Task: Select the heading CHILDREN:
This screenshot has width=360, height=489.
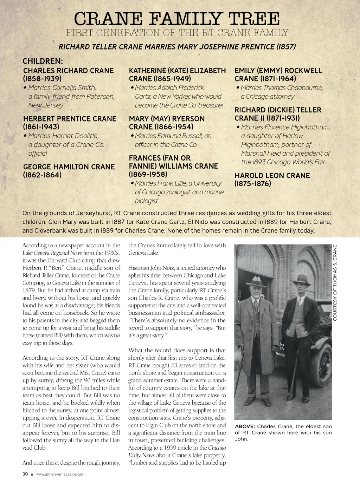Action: click(x=43, y=61)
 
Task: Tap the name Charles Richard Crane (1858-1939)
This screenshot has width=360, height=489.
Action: click(x=68, y=74)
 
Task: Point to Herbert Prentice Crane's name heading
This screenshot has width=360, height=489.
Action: click(x=70, y=123)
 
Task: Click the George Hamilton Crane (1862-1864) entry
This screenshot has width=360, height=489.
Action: click(x=69, y=171)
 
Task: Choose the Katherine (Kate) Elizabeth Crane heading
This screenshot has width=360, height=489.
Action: click(x=177, y=74)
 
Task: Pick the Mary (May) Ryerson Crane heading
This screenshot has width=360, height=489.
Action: click(x=167, y=123)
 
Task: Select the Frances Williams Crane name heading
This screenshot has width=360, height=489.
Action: click(x=173, y=166)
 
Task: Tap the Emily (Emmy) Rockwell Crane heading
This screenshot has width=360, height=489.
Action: click(x=278, y=74)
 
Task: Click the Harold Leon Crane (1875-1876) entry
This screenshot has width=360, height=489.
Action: click(x=272, y=179)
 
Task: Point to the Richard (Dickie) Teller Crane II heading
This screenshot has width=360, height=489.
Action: click(x=278, y=114)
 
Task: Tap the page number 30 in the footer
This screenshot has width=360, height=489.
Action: click(x=25, y=474)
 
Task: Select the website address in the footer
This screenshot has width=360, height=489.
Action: click(x=60, y=474)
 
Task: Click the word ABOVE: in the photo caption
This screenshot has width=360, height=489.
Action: click(x=245, y=426)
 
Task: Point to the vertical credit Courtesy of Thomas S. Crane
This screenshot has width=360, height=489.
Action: click(x=335, y=282)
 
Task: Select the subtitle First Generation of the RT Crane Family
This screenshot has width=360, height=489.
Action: click(x=177, y=33)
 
